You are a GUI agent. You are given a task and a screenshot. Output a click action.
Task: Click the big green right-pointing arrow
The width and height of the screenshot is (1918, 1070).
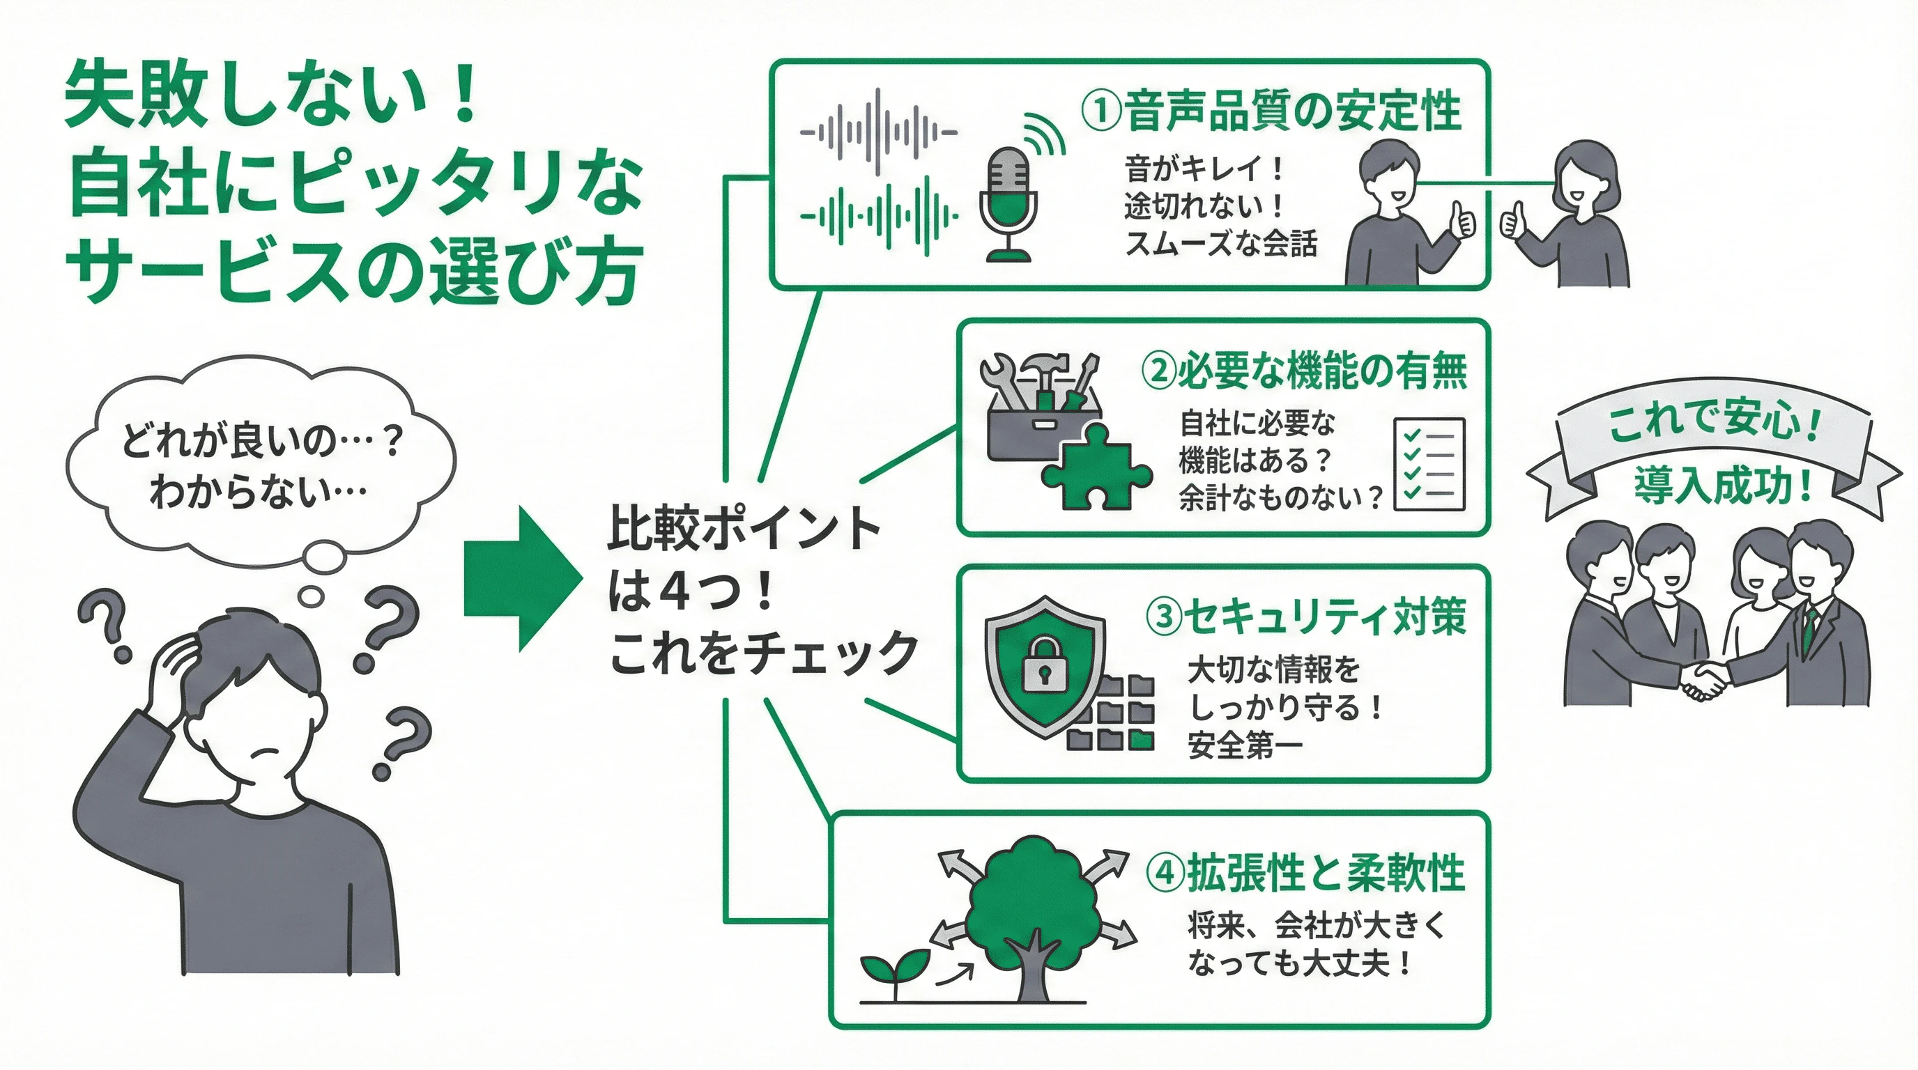[x=522, y=579]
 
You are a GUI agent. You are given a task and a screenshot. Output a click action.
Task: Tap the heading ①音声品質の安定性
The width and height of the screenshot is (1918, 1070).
[x=1271, y=111]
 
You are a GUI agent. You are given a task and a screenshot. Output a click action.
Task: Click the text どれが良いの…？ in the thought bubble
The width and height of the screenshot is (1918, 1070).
[x=261, y=440]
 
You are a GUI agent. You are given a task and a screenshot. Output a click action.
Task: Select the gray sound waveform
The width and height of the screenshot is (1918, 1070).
[x=879, y=132]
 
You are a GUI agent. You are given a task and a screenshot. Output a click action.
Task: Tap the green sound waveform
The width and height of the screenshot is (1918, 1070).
[x=879, y=216]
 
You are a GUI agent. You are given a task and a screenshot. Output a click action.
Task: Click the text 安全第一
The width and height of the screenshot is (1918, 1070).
[x=1245, y=745]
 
